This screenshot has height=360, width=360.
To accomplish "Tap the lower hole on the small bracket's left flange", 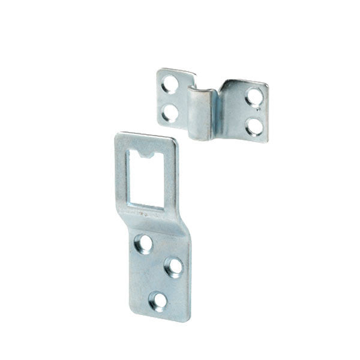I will point(170,112).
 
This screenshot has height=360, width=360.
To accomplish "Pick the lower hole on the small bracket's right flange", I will point(254,126).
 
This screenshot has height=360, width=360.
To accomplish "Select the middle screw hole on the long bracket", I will point(174,266).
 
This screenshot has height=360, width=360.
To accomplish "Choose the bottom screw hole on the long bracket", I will point(159,300).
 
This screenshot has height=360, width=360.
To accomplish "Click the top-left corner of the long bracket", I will point(118,136).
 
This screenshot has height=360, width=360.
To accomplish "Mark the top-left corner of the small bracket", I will point(160,71).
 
